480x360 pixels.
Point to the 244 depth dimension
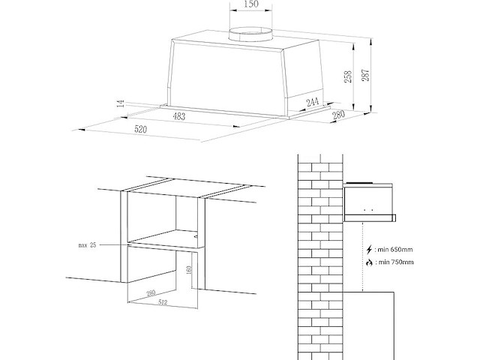click(313, 102)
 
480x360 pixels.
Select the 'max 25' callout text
click(88, 245)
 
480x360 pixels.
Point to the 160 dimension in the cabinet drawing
click(189, 270)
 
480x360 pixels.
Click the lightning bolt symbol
click(368, 249)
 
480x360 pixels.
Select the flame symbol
click(368, 262)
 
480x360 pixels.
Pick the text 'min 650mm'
click(397, 249)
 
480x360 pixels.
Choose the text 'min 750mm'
click(397, 262)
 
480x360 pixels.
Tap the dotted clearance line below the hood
click(363, 255)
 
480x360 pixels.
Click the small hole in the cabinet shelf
click(196, 235)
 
